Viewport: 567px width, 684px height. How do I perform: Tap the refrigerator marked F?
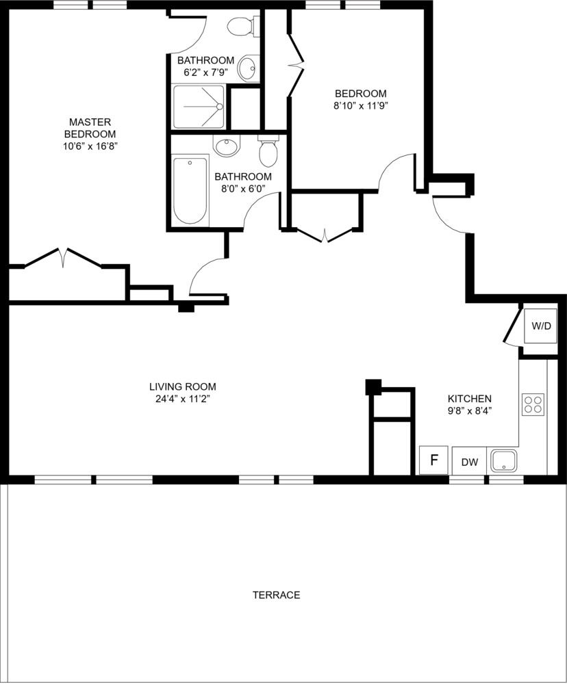[433, 460]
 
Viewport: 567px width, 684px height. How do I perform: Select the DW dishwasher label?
[469, 462]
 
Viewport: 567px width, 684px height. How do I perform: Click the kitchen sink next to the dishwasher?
[504, 461]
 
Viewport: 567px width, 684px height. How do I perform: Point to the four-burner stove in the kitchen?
[533, 404]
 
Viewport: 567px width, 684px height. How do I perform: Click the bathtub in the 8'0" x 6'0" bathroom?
[190, 191]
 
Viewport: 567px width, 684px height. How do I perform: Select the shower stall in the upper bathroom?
[198, 107]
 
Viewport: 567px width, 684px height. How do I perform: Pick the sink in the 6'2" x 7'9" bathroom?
[247, 68]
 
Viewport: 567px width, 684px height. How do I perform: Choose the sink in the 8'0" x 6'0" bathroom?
[225, 147]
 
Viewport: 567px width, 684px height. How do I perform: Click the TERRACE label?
[276, 595]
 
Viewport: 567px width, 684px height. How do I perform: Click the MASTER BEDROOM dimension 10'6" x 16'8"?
[90, 146]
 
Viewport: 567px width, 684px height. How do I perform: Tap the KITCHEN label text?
[469, 398]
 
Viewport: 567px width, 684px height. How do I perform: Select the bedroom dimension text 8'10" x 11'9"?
[360, 106]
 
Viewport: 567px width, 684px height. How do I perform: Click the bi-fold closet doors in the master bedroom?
[63, 258]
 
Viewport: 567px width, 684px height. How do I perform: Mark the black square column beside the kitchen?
[373, 386]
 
